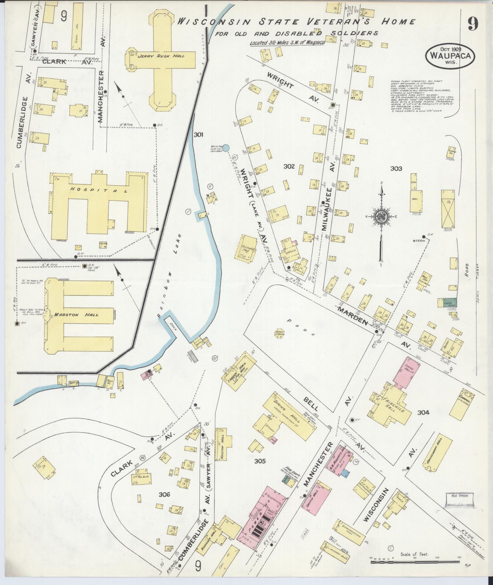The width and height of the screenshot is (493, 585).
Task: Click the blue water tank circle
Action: pyautogui.click(x=226, y=148)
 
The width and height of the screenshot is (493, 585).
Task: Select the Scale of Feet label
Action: pyautogui.click(x=414, y=554)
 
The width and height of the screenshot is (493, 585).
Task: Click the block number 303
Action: pyautogui.click(x=396, y=168)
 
